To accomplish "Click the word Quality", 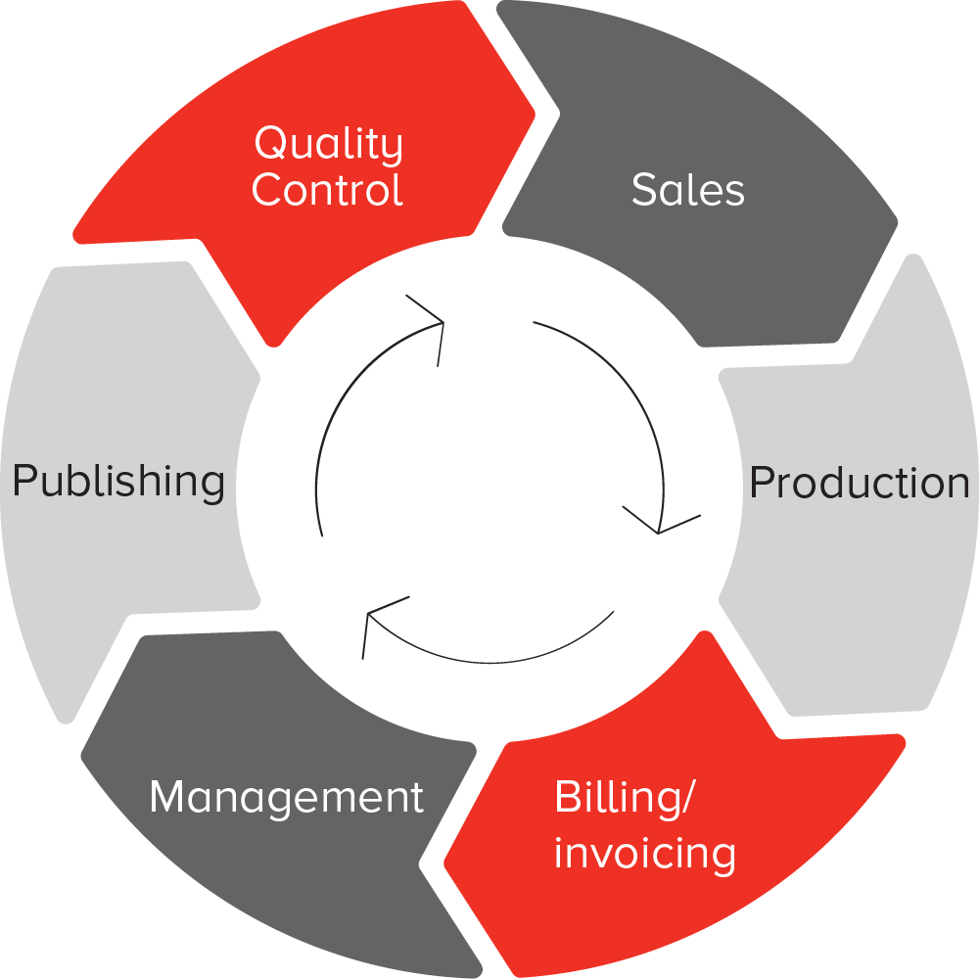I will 328,145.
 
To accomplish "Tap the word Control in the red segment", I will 327,190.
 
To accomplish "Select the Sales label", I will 687,190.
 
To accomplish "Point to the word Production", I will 859,483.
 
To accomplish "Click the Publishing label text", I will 118,482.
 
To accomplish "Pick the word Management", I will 286,798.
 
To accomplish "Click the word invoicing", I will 644,854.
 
